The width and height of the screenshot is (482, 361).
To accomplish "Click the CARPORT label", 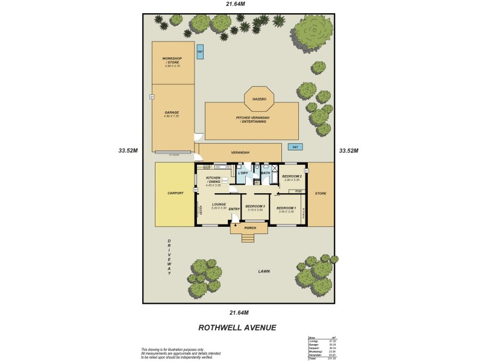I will [x=175, y=193].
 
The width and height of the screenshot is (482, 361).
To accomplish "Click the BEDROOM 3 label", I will [x=255, y=206].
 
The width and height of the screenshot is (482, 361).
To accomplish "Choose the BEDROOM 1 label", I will [x=286, y=206].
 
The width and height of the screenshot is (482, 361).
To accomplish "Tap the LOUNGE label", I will [x=219, y=205].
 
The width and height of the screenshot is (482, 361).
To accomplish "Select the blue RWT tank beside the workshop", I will [x=200, y=52].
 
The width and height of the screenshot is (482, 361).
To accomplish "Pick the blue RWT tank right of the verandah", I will [x=295, y=147].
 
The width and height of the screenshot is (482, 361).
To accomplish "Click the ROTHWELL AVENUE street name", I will [x=237, y=328].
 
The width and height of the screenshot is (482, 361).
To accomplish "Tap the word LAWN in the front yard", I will [x=264, y=271].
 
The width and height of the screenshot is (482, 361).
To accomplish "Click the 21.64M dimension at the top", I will [x=236, y=4].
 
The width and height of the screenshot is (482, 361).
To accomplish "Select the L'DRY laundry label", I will [x=243, y=173].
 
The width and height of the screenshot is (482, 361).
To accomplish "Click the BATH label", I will [x=266, y=173].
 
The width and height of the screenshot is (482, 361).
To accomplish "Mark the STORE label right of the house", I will [x=321, y=193].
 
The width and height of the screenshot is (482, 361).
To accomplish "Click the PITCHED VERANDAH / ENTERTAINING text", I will [x=252, y=120].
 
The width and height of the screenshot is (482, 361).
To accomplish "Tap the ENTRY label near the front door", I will [x=234, y=209].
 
